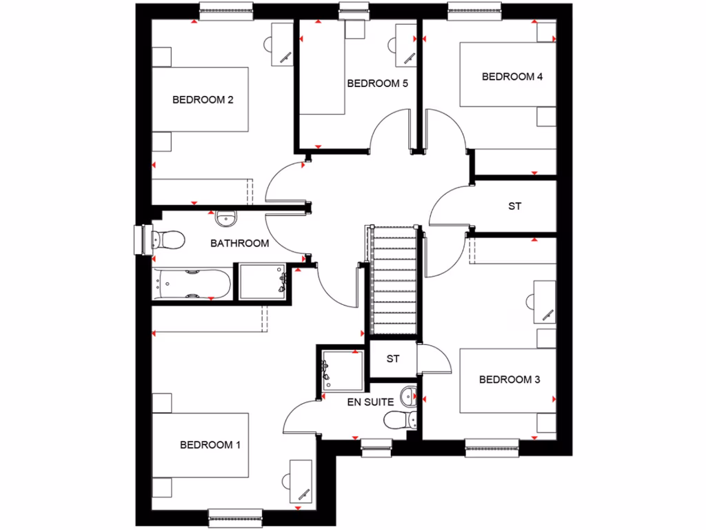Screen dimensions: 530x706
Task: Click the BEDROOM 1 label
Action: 210,445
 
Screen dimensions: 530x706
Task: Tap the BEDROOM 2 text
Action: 203,99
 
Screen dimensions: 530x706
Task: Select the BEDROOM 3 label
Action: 510,380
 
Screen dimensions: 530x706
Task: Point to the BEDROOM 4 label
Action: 512,77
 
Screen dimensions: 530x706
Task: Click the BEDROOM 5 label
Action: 378,84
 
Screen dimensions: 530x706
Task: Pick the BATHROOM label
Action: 239,243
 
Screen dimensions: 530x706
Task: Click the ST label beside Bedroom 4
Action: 514,206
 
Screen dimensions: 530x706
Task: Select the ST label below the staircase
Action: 393,359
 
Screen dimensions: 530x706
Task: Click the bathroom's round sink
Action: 225,219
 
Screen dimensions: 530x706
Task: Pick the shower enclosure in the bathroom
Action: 262,282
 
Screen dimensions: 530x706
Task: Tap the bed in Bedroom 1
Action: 200,445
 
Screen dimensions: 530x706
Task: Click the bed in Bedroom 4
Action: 507,75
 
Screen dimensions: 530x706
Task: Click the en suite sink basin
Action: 410,396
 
